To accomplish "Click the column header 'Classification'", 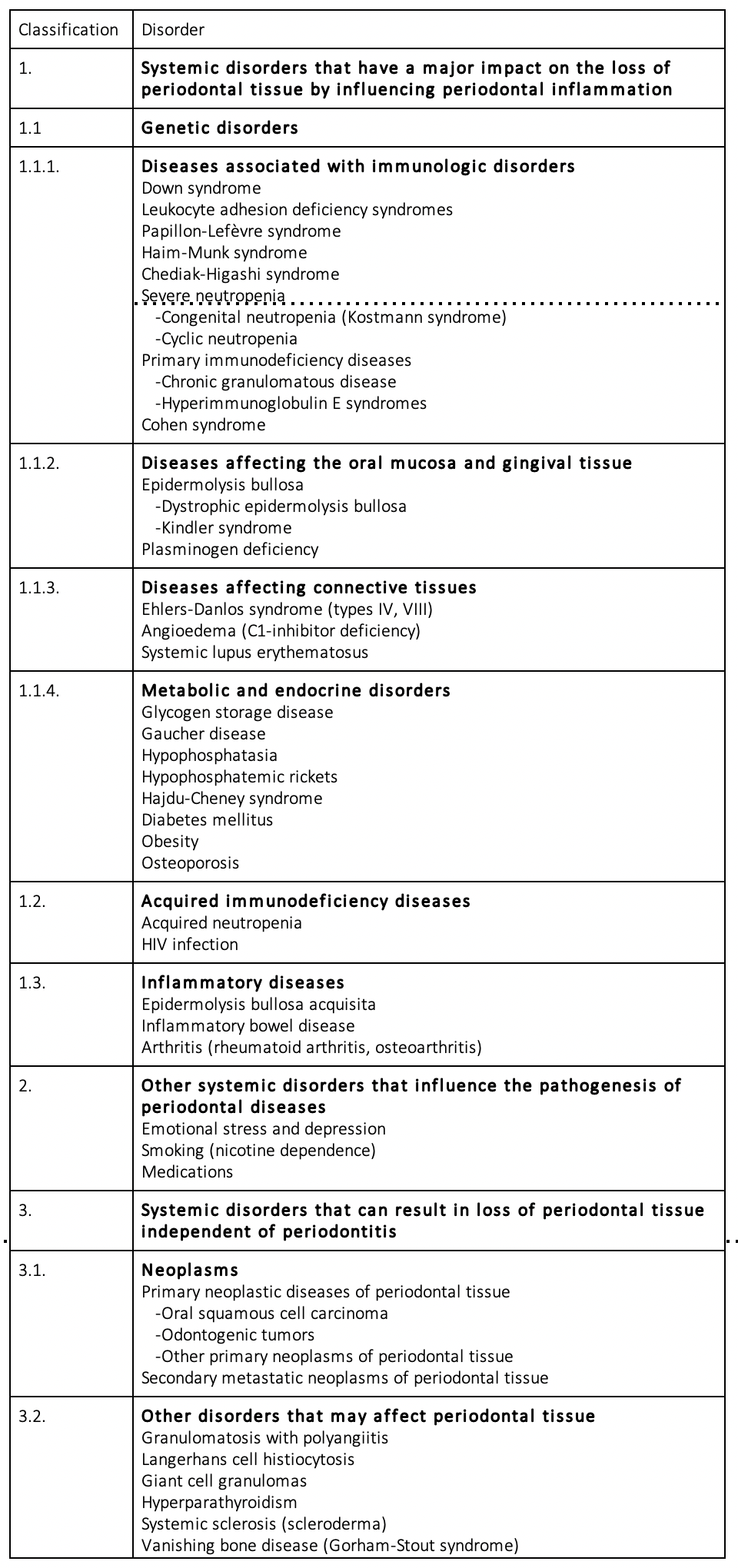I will click(68, 30).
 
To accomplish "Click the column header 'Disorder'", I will click(173, 30).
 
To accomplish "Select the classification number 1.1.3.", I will click(39, 588).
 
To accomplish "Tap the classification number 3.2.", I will click(32, 1417).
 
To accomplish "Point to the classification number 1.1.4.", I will click(39, 691).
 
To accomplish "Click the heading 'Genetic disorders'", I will click(220, 128).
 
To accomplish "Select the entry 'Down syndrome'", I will click(201, 188).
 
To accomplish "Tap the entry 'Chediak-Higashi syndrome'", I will click(241, 274).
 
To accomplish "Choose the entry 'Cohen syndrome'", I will click(204, 425).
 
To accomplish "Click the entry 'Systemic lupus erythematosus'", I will click(255, 653).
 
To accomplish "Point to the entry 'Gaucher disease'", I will click(204, 734).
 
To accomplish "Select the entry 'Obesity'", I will click(170, 842).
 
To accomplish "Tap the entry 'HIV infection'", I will click(190, 945).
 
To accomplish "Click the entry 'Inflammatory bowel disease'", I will click(248, 1026).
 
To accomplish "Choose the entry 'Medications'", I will click(187, 1172).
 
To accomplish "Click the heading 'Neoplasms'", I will click(190, 1271).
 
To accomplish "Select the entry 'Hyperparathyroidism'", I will click(219, 1503).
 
